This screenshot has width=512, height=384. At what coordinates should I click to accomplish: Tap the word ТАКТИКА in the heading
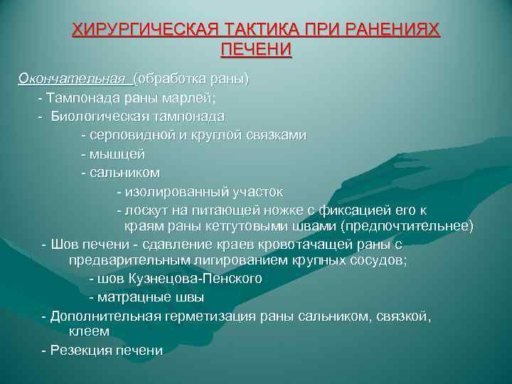[252, 31]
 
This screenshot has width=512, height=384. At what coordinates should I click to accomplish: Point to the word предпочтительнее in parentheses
[406, 226]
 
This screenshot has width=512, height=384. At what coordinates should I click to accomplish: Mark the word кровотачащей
[311, 245]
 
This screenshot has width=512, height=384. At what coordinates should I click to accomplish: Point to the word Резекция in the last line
[80, 350]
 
